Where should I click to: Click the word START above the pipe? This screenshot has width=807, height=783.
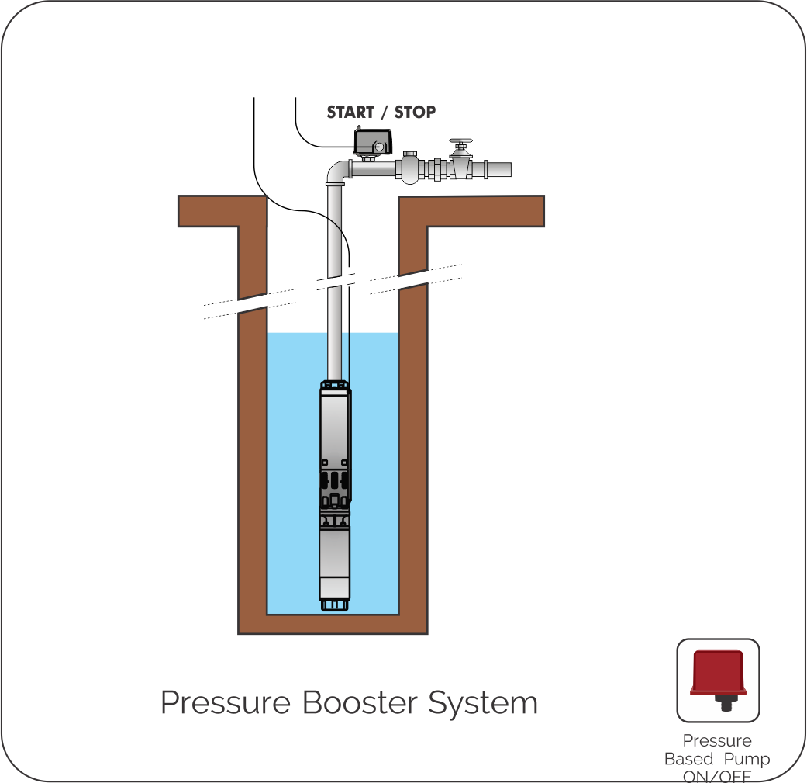[x=350, y=112]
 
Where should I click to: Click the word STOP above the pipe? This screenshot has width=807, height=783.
[x=415, y=112]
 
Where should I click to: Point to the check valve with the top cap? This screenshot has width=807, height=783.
[x=410, y=166]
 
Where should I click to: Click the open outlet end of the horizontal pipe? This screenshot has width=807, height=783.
[x=508, y=168]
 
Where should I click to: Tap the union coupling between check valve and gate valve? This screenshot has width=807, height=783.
[x=436, y=168]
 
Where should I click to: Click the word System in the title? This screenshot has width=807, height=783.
[x=484, y=703]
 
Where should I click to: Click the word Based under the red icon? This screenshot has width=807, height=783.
[x=688, y=759]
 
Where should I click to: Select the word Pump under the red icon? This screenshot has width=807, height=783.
[x=747, y=759]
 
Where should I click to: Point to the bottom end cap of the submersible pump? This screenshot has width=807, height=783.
[x=334, y=601]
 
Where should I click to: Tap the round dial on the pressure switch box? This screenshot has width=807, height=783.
[x=379, y=145]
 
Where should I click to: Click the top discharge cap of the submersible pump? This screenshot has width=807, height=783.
[x=334, y=384]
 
